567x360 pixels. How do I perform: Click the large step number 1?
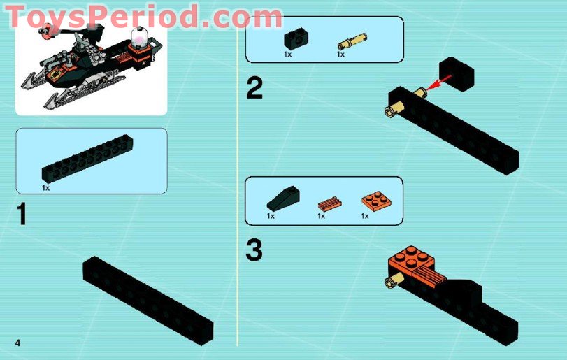point(22,214)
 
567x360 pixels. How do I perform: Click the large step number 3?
point(254,251)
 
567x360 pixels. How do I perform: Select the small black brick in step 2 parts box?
point(293,38)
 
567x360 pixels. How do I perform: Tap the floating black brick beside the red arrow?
point(456,75)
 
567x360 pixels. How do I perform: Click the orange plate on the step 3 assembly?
point(412,260)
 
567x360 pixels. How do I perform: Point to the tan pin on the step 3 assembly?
point(395,282)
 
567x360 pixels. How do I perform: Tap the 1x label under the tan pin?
point(340,54)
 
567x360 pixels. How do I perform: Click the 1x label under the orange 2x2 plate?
point(365,216)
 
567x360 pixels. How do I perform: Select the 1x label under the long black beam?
point(45,187)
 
